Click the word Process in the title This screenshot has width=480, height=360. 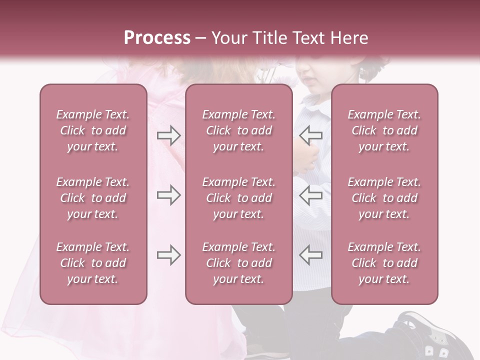coord(157,38)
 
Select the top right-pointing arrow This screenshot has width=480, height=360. coord(168,135)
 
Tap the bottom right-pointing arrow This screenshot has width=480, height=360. coord(168,255)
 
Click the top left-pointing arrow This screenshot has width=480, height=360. coord(311,135)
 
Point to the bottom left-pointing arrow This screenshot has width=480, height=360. coord(311,255)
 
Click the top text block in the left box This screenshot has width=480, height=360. coord(93,130)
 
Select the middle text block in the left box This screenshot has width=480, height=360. coord(93,198)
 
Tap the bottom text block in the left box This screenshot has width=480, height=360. coord(93,263)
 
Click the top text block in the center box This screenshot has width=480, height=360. coord(238,130)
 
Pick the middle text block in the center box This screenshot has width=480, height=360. coord(238,198)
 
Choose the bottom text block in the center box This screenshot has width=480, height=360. coord(238,263)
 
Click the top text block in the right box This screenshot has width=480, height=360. coord(384,130)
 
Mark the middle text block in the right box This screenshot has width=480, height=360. coord(384,198)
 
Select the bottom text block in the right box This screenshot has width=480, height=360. coord(384,263)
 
